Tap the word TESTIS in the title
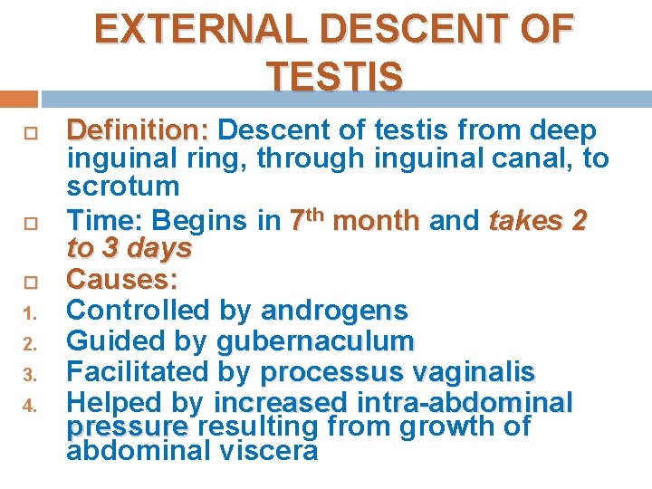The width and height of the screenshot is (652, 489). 335,77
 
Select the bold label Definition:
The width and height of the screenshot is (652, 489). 139,131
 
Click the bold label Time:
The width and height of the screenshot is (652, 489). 105,221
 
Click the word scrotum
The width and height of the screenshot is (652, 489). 123,187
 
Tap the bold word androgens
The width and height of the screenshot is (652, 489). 334,311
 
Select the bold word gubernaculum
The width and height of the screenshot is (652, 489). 315,341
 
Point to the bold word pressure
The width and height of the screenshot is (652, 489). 128,427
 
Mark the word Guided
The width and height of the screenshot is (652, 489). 109,341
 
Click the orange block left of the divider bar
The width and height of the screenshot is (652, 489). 18,100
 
